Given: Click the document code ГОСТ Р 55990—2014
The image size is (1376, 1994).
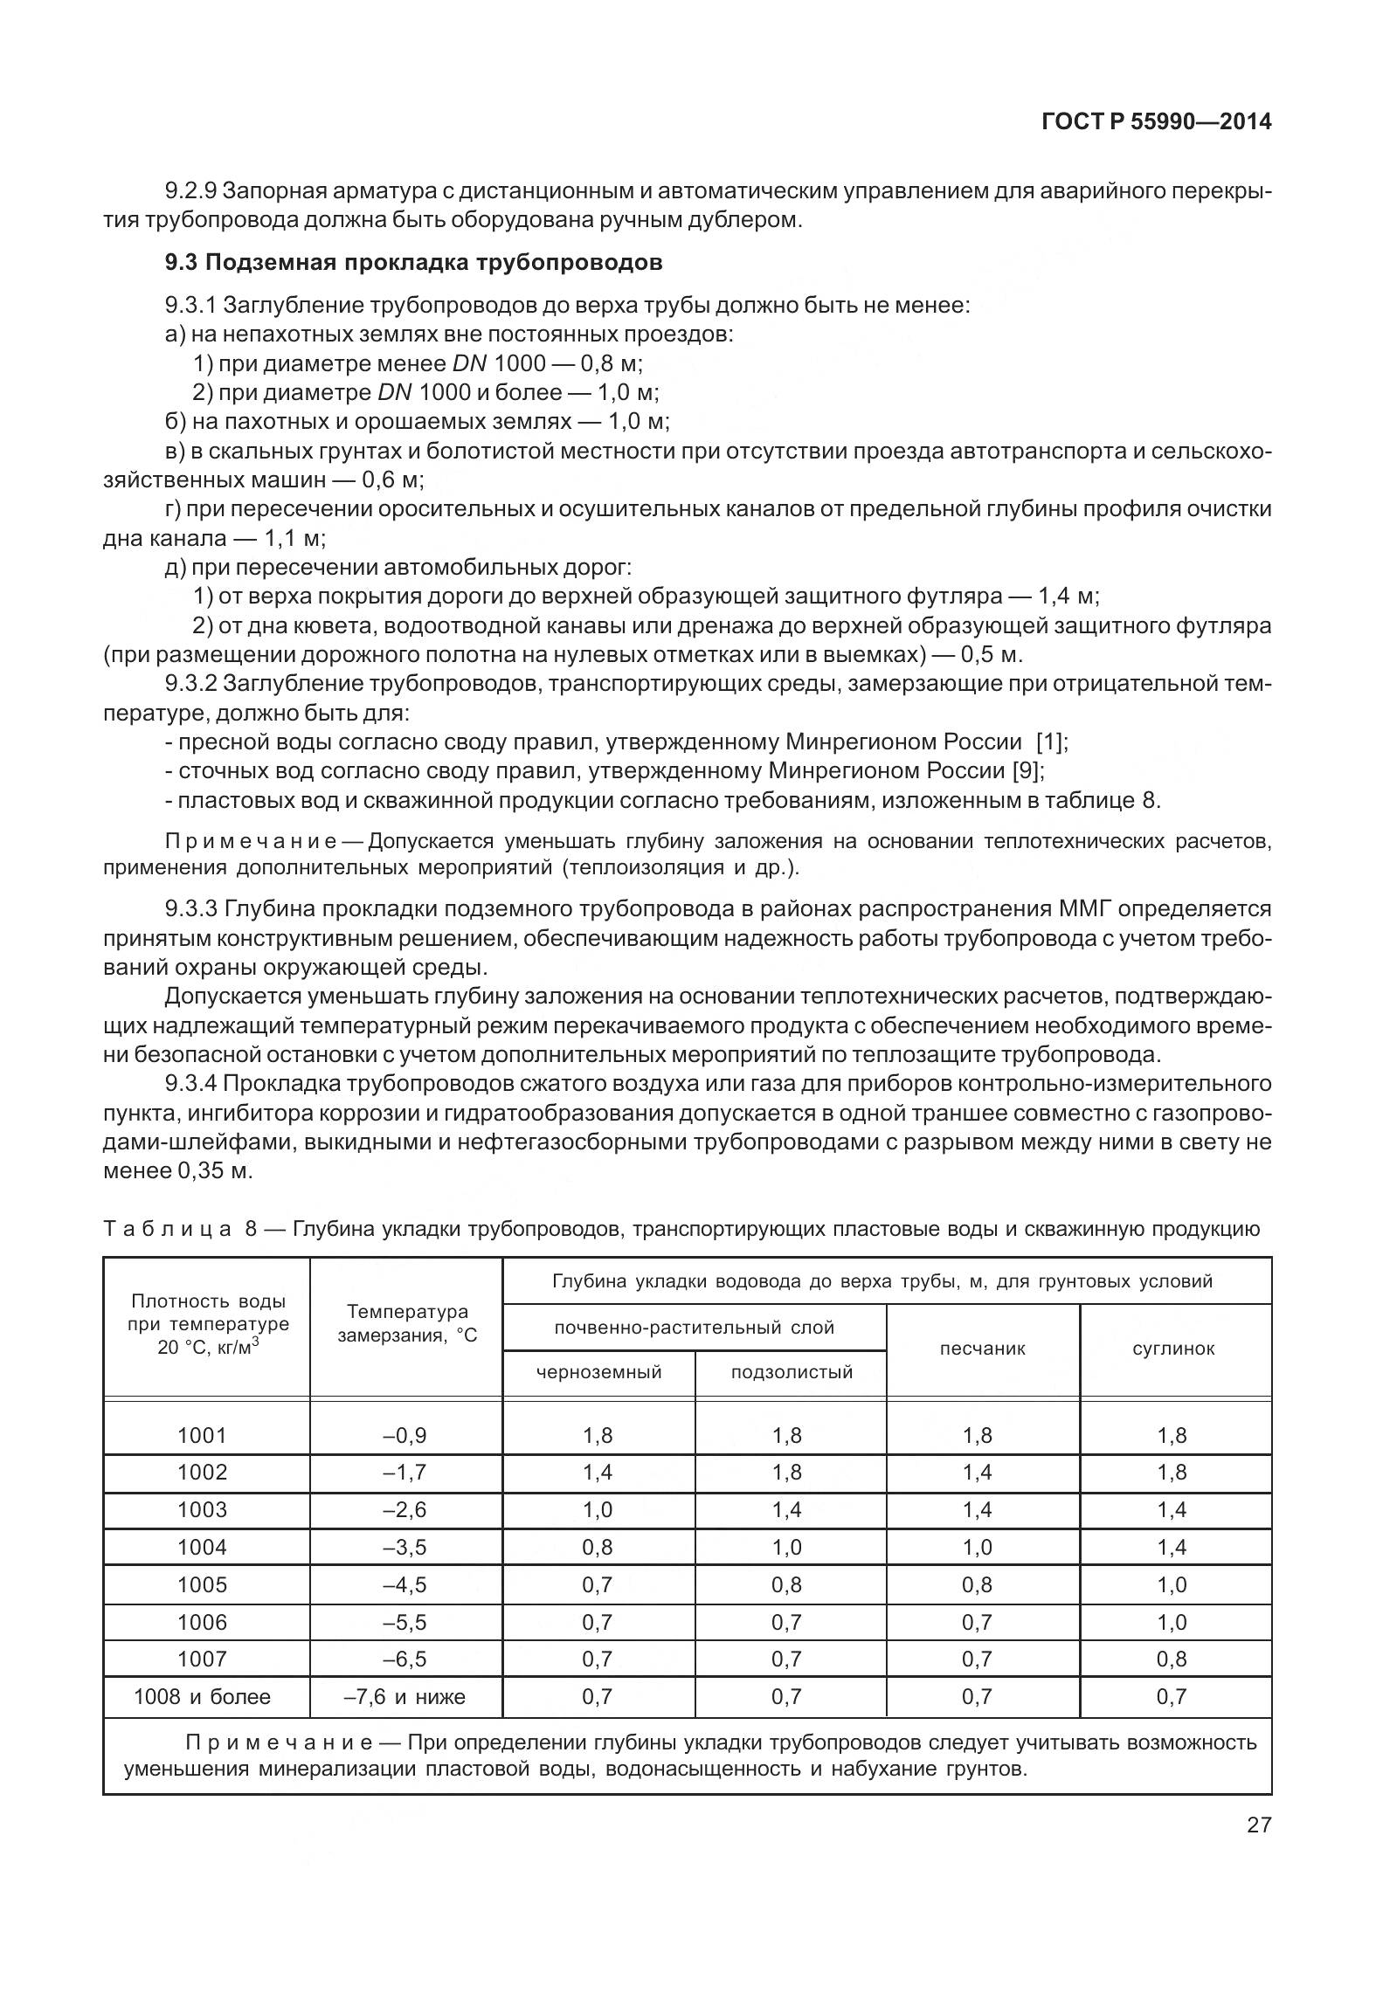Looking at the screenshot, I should point(1156,122).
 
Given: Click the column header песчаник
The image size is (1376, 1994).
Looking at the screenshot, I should point(982,1349).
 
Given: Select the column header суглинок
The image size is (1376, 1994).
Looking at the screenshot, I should point(1173,1349).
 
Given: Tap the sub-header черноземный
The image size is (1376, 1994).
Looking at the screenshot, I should point(598,1372).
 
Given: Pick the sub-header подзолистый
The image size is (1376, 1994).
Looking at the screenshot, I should point(791,1372).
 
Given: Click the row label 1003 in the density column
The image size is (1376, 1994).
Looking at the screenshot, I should point(202,1509).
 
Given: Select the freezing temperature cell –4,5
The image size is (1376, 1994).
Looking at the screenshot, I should point(405,1584).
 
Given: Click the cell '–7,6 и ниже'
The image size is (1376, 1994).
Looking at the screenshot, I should point(405,1696).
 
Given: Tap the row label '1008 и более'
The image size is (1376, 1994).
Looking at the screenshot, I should point(202,1696).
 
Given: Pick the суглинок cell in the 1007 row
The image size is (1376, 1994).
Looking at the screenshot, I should point(1172,1659).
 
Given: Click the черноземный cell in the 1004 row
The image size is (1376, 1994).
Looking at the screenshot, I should point(598,1547).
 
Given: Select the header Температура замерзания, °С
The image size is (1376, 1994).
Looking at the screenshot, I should point(407,1323).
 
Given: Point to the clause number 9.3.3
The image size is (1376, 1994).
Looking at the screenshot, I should point(191,909).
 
